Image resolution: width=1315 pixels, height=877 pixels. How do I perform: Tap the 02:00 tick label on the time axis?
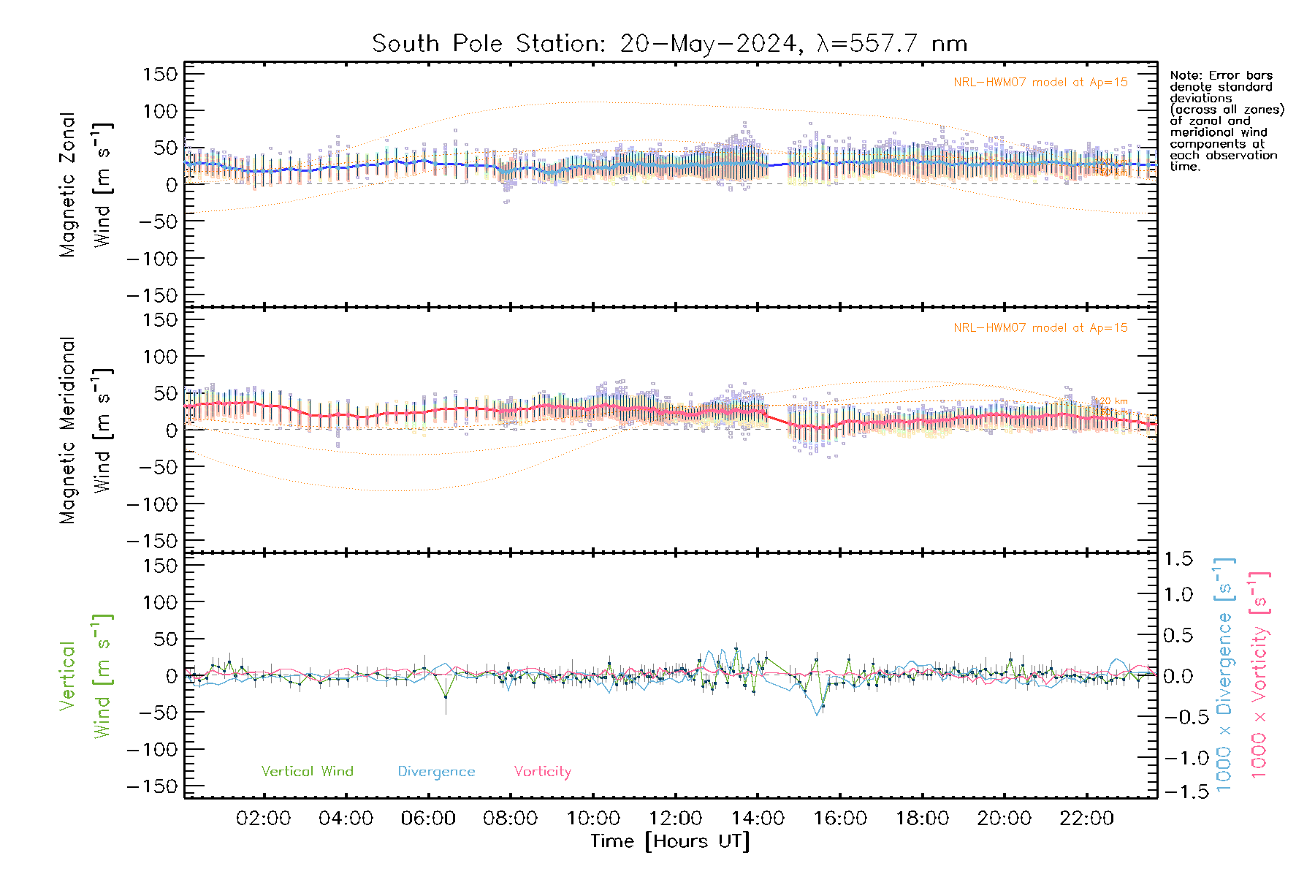[x=263, y=819]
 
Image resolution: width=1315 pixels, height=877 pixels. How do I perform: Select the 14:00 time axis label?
[x=758, y=819]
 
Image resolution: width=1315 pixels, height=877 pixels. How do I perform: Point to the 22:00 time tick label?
[x=1086, y=819]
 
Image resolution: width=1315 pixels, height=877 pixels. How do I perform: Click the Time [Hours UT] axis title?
[x=670, y=841]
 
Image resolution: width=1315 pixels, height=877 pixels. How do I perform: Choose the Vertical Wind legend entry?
[x=307, y=772]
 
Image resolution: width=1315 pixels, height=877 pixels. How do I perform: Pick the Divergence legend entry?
[x=436, y=772]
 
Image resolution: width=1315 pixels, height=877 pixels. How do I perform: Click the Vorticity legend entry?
[x=542, y=772]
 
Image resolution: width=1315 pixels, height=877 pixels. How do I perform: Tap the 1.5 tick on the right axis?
[x=1178, y=559]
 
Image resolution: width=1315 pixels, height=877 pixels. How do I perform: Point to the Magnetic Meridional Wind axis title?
[x=86, y=430]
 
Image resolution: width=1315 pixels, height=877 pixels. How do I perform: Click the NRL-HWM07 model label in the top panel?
[x=1040, y=83]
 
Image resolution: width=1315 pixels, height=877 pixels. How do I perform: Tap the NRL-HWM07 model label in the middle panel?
[x=1040, y=328]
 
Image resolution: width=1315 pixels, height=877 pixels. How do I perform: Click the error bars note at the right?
[x=1226, y=121]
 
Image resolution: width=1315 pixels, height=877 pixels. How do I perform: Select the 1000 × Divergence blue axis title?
[x=1224, y=675]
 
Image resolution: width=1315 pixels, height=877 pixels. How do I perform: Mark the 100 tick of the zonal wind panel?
[x=160, y=111]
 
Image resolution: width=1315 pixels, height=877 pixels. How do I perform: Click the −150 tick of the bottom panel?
[x=152, y=786]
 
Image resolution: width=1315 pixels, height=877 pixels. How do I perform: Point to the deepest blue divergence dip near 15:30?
[x=817, y=714]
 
